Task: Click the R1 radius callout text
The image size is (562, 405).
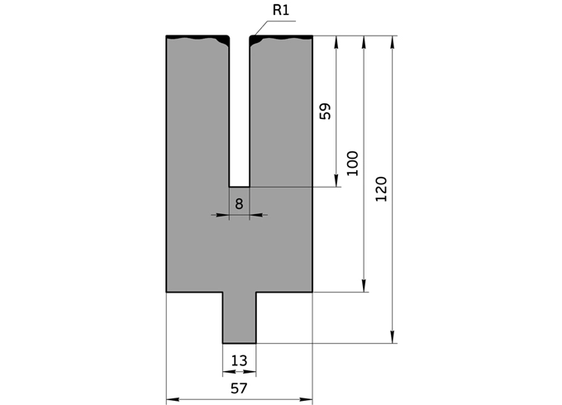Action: click(x=280, y=12)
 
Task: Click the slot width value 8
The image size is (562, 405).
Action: click(x=239, y=202)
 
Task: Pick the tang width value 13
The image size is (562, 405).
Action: click(x=239, y=360)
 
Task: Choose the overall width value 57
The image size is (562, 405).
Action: click(x=239, y=388)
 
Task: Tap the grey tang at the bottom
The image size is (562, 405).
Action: click(x=239, y=318)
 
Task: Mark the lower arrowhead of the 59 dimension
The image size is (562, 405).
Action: click(x=336, y=181)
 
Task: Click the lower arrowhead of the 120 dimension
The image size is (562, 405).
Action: click(x=392, y=337)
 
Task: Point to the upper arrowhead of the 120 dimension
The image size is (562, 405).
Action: click(x=392, y=41)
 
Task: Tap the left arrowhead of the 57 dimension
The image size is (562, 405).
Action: click(x=172, y=400)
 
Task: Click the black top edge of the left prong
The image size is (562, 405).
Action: click(x=197, y=37)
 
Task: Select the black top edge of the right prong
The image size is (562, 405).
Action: click(x=281, y=37)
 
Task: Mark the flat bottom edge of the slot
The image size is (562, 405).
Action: click(x=239, y=187)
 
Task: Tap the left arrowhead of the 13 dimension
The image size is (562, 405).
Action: click(x=226, y=372)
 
